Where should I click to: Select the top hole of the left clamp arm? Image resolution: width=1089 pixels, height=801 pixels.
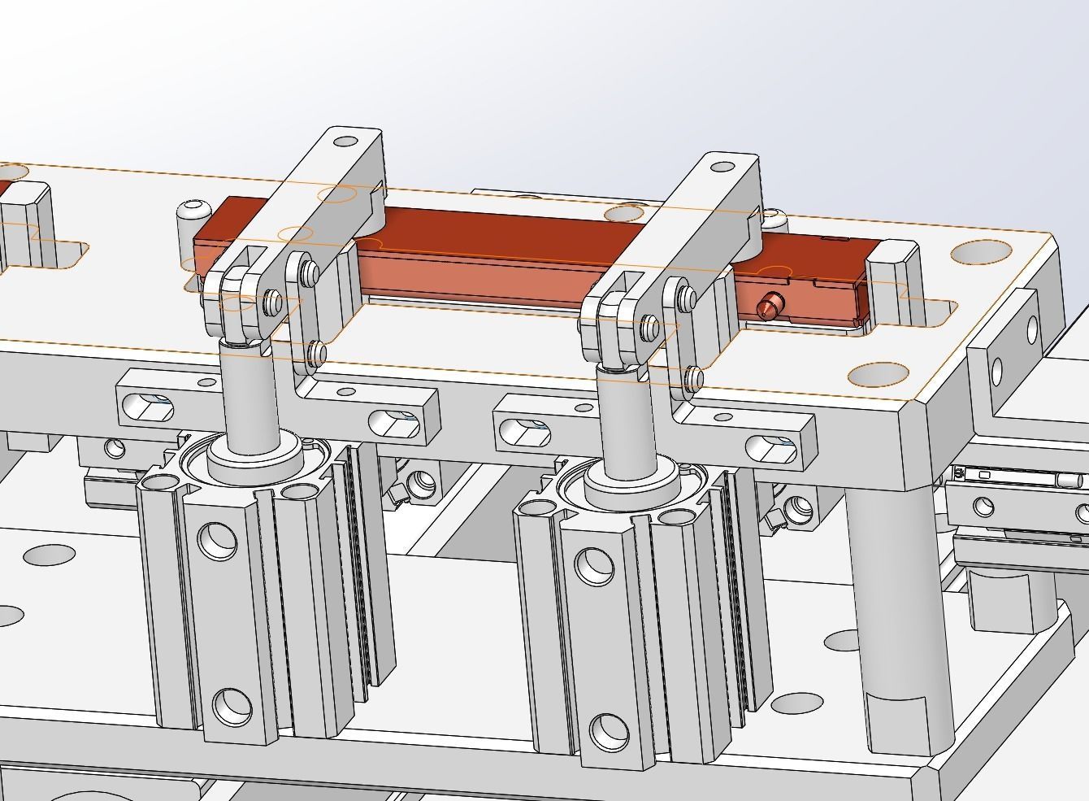coord(346,141)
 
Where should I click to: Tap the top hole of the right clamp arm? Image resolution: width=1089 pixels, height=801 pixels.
coord(722,167)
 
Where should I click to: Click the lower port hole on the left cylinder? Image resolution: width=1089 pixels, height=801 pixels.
coord(232,705)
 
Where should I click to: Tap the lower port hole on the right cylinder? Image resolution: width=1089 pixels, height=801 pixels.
coord(608,731)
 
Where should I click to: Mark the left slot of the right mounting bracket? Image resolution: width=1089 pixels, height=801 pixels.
coord(520,430)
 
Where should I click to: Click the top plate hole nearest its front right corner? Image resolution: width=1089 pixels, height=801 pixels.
coord(877,374)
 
